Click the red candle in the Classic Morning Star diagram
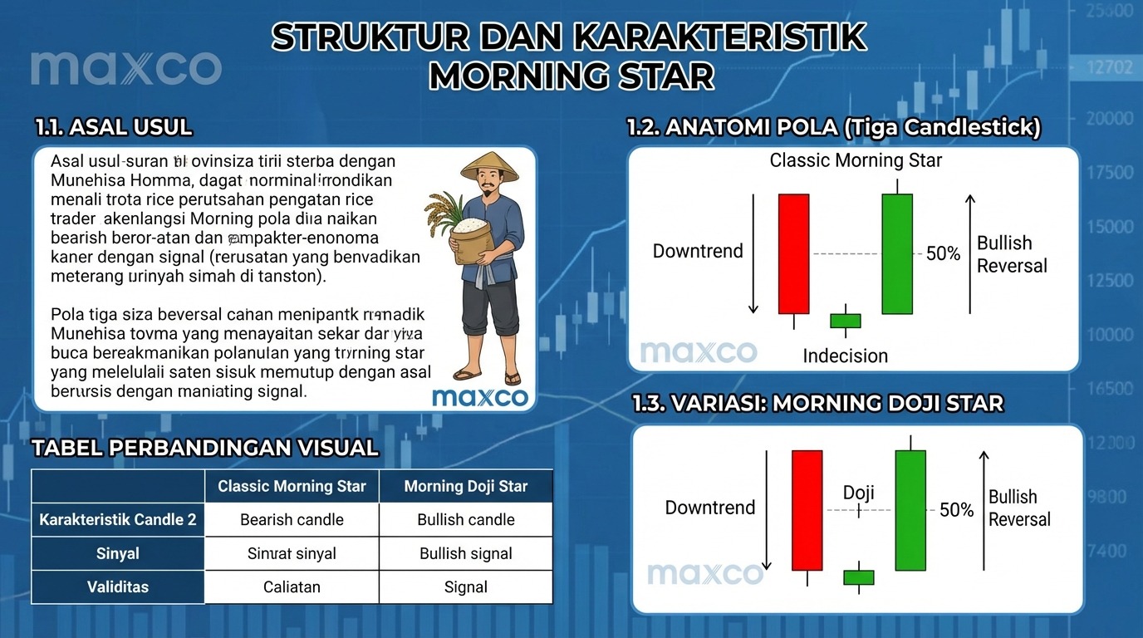[793, 253]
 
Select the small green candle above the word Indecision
[846, 321]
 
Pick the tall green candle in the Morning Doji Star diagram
[910, 510]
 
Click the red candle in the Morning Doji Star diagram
[807, 510]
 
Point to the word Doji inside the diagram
[858, 493]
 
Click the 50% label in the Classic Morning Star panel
[943, 254]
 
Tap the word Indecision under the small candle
[845, 356]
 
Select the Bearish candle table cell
[292, 520]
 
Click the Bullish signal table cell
[465, 554]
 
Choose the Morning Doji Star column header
[465, 486]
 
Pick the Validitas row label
[118, 587]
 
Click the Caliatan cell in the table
[292, 587]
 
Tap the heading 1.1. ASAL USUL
[114, 127]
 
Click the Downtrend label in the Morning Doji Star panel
[709, 508]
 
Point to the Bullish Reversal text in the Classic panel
[1011, 254]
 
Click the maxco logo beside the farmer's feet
[480, 397]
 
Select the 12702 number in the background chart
[1108, 66]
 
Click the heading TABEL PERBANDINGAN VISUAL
[204, 449]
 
